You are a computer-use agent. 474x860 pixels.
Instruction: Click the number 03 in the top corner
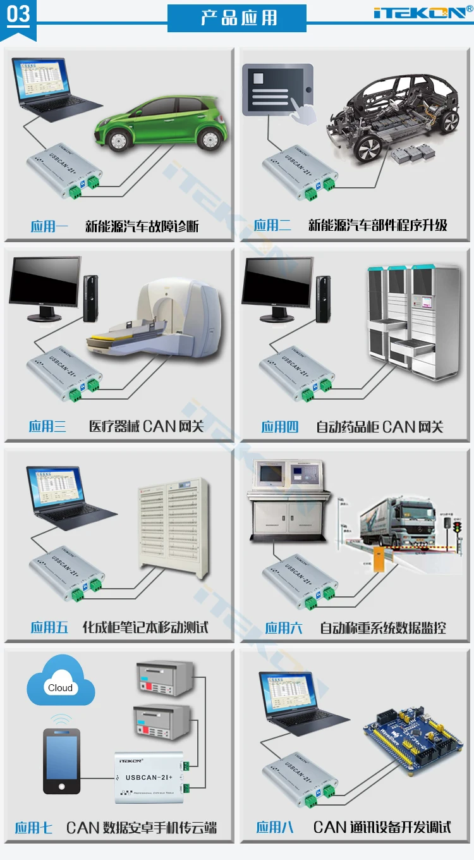pyautogui.click(x=18, y=14)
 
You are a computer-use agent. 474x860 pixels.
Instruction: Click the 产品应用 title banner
pyautogui.click(x=237, y=18)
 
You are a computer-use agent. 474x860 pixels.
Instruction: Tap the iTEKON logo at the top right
pyautogui.click(x=422, y=12)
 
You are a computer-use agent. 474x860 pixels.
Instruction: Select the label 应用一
pyautogui.click(x=49, y=226)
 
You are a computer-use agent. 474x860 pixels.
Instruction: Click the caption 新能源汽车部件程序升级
pyautogui.click(x=378, y=226)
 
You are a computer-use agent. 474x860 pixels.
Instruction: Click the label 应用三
pyautogui.click(x=47, y=426)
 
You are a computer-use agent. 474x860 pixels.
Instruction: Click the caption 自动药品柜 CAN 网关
pyautogui.click(x=380, y=427)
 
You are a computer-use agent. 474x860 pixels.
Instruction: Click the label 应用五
pyautogui.click(x=49, y=627)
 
